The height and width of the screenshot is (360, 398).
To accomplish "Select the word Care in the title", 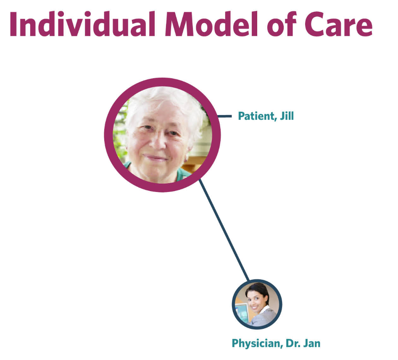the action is coord(338,24).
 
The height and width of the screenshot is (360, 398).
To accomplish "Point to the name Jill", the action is coord(287,116).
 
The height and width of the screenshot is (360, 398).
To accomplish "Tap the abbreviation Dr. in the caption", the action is coord(293,343).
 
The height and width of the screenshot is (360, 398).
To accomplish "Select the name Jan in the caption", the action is coord(312,343).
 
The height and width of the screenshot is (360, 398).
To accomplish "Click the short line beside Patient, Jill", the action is coord(225,116).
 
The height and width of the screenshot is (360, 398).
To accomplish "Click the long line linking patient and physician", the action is coord(224,230).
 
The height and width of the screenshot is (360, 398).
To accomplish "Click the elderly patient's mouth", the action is coord(156,158).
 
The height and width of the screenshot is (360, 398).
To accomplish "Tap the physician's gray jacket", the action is coord(264,317).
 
